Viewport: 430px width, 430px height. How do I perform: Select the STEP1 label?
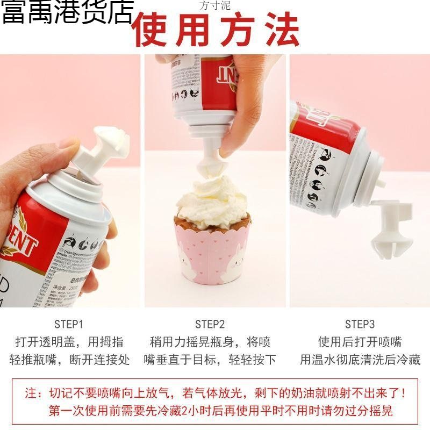coord(69,324)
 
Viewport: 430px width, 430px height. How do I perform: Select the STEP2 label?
coord(210,324)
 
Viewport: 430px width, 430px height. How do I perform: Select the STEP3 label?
coord(360,324)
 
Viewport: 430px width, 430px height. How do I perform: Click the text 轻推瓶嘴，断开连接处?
coord(69,360)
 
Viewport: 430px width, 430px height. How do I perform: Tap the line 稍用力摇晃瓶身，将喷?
coord(210,342)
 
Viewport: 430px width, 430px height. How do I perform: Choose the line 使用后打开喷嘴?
coord(360,342)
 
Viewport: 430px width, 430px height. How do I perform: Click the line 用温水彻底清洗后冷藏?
coord(360,360)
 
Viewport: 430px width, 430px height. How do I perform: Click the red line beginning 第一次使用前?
coord(220,411)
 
